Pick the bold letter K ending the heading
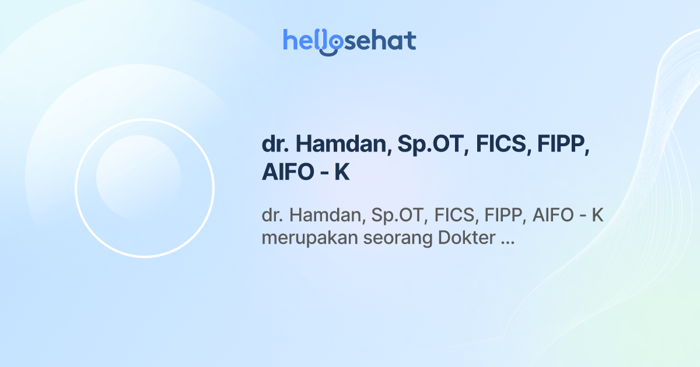click(x=342, y=173)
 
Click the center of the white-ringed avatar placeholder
click(x=145, y=188)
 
